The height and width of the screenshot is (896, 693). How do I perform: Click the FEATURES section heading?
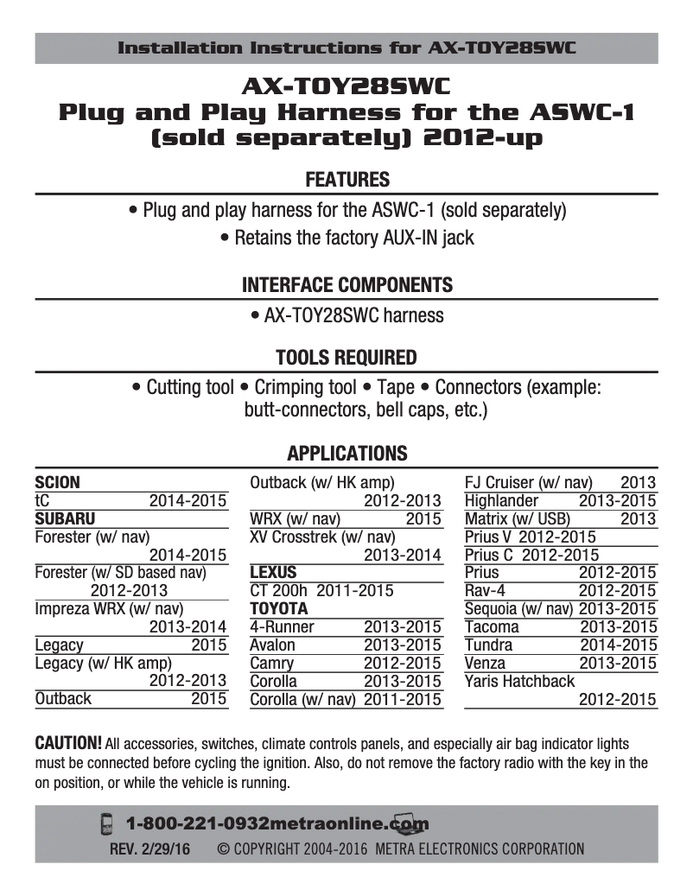(x=347, y=180)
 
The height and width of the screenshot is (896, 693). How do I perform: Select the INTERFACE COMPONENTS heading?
(x=346, y=285)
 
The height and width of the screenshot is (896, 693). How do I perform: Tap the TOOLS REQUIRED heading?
(x=346, y=358)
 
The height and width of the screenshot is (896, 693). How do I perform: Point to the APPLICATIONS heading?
(x=346, y=453)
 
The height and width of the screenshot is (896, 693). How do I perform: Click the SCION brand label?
(x=58, y=482)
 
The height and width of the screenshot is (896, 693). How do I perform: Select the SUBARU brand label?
(x=65, y=518)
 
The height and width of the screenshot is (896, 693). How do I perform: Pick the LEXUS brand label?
(x=273, y=572)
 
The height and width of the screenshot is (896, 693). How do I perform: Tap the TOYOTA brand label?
(x=278, y=608)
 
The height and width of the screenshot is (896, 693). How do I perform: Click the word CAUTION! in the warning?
(x=68, y=743)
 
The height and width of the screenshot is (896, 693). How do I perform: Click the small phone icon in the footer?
(x=107, y=823)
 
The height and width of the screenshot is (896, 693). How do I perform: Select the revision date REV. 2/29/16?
(x=149, y=848)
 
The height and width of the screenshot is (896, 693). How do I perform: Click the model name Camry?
(x=271, y=663)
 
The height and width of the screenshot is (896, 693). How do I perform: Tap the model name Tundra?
(x=488, y=645)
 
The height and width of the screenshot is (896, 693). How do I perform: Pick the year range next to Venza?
(x=618, y=663)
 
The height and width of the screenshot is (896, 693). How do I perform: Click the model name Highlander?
(x=501, y=500)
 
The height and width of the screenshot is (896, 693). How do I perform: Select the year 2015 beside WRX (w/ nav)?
(x=423, y=518)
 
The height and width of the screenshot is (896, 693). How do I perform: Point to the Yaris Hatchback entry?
(x=519, y=681)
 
